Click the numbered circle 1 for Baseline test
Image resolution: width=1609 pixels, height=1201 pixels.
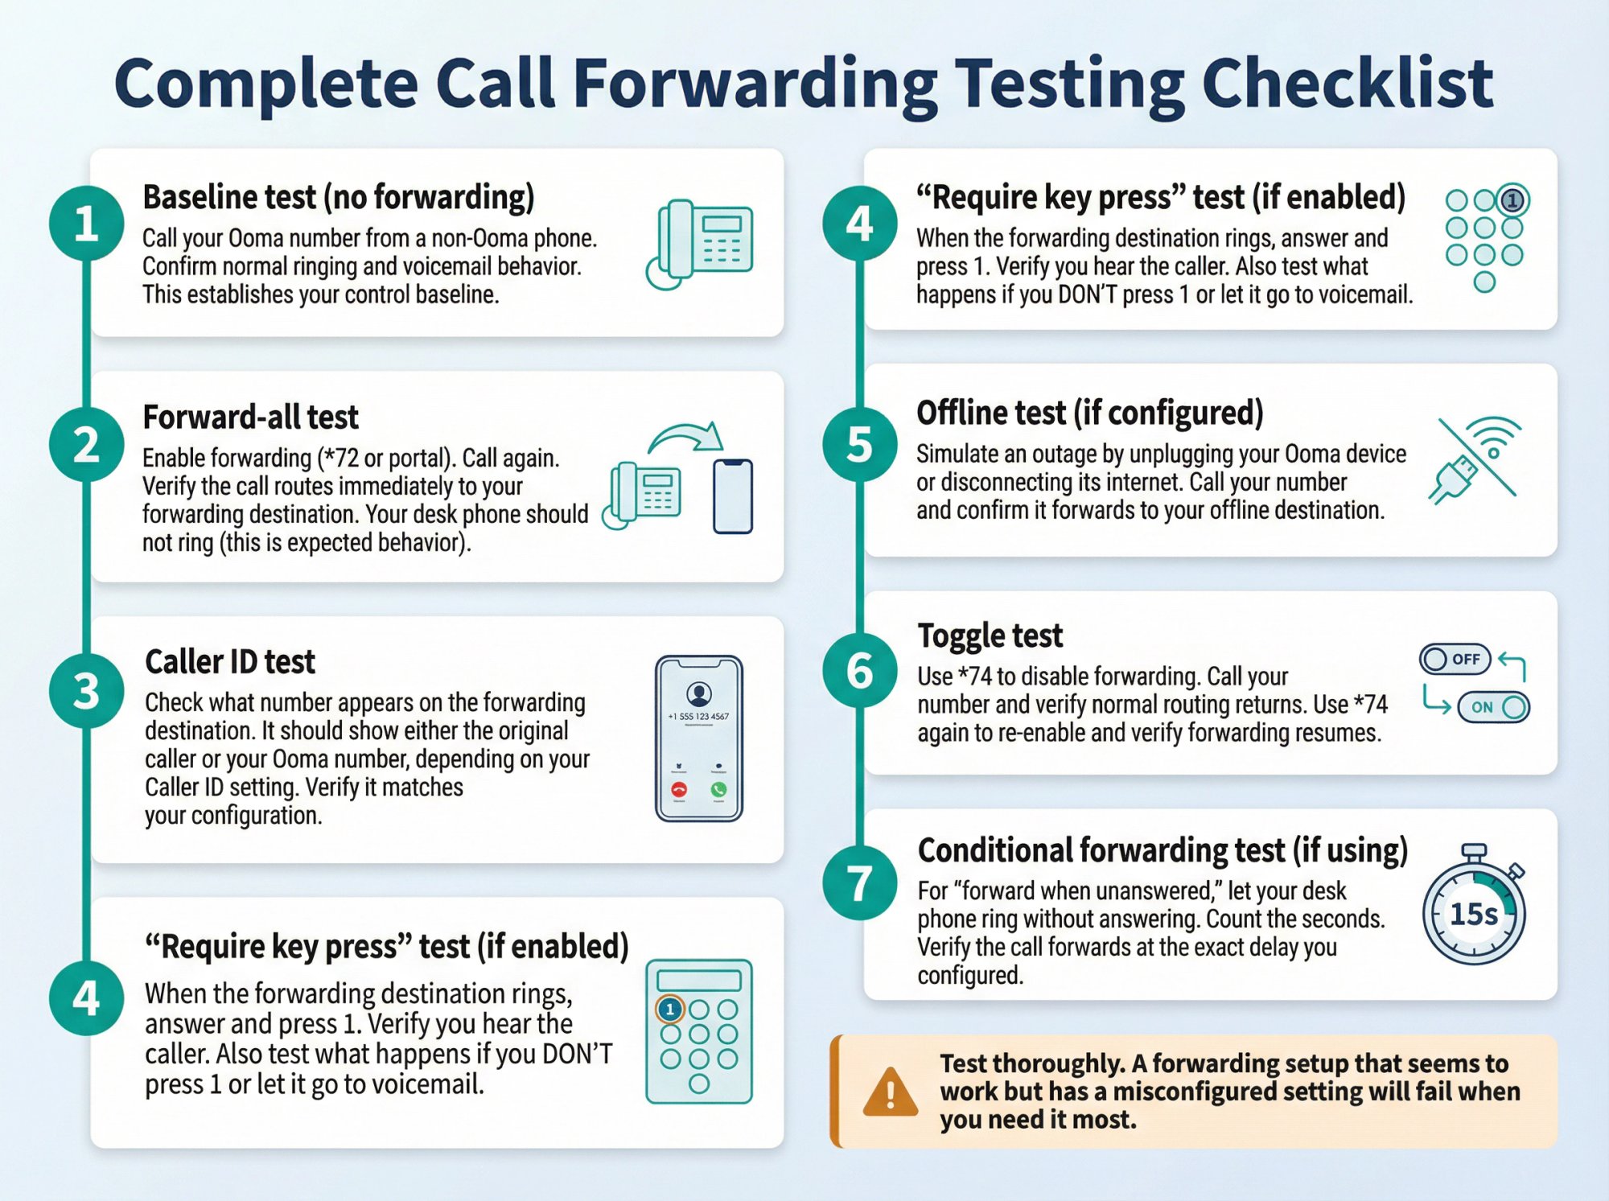click(86, 223)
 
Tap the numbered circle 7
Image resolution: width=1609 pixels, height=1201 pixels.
click(859, 882)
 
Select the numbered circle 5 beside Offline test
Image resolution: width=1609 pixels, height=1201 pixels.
click(859, 444)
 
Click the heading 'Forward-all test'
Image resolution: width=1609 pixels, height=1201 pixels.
click(250, 417)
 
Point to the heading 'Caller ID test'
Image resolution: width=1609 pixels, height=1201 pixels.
click(230, 661)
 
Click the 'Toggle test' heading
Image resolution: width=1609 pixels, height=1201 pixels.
click(990, 635)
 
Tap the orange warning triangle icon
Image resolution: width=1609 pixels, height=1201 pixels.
click(890, 1092)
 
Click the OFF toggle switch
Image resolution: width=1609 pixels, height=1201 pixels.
click(1455, 660)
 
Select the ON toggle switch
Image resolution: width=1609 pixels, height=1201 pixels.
click(1493, 707)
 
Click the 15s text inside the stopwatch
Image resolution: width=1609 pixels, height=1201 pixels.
click(1473, 914)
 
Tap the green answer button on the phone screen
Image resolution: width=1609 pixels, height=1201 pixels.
click(718, 790)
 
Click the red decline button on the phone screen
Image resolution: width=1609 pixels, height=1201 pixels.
click(679, 790)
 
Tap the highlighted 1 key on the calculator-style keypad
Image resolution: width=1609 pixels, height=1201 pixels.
click(669, 1009)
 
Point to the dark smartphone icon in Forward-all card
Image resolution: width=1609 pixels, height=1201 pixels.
click(733, 496)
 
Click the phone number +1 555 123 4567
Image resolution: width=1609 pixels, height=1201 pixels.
click(698, 716)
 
